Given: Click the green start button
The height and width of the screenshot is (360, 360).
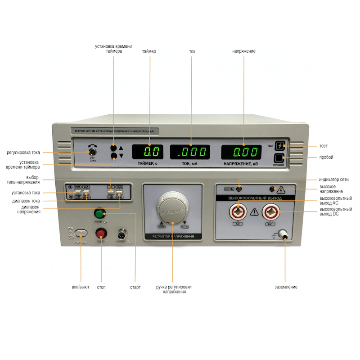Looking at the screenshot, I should tap(99, 213).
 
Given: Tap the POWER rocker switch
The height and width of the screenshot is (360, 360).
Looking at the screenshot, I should tap(81, 233).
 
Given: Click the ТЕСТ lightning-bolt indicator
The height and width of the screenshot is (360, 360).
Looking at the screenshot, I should tap(280, 146).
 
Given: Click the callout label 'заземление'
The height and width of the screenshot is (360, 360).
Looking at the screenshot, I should tap(286, 287).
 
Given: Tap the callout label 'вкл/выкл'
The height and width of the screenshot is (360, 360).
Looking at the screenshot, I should tap(81, 287).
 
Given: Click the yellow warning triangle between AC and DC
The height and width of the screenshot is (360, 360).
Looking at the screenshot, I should tap(255, 211).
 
